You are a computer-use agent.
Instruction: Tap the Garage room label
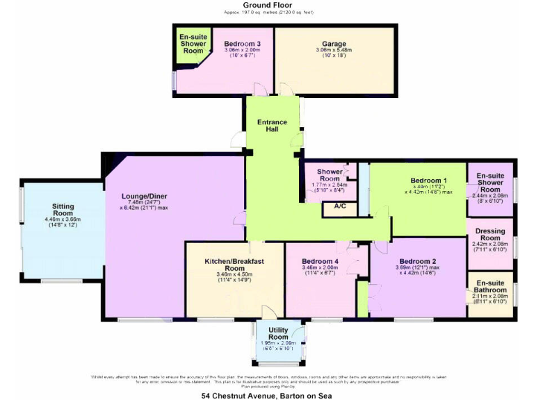point(334,43)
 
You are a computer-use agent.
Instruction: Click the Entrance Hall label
point(272,126)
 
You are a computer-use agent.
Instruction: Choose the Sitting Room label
point(67,210)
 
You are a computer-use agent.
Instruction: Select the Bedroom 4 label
point(321,260)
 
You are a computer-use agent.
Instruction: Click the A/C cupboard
point(341,206)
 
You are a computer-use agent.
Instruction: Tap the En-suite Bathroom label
point(490,287)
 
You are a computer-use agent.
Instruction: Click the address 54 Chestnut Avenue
point(266,395)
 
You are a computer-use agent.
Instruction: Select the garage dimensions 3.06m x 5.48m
point(334,51)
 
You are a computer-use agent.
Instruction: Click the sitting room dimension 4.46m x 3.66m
point(67,220)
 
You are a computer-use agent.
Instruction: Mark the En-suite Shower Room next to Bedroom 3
point(193,43)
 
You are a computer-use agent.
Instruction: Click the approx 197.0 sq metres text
point(266,12)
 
